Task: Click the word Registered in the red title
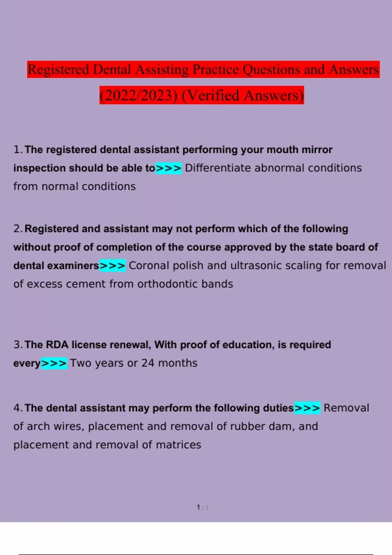[58, 70]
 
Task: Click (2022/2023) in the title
[139, 95]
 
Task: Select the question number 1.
[17, 150]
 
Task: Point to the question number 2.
[17, 229]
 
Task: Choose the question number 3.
[17, 345]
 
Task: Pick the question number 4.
[17, 408]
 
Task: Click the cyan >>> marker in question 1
[168, 168]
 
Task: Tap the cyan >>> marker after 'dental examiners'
[112, 266]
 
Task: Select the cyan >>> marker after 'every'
[54, 363]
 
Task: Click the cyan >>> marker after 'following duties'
[307, 408]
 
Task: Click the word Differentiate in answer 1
[218, 168]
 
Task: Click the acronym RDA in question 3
[57, 345]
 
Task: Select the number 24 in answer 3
[148, 363]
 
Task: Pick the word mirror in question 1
[317, 150]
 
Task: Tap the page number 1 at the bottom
[198, 507]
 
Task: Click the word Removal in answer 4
[346, 408]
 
